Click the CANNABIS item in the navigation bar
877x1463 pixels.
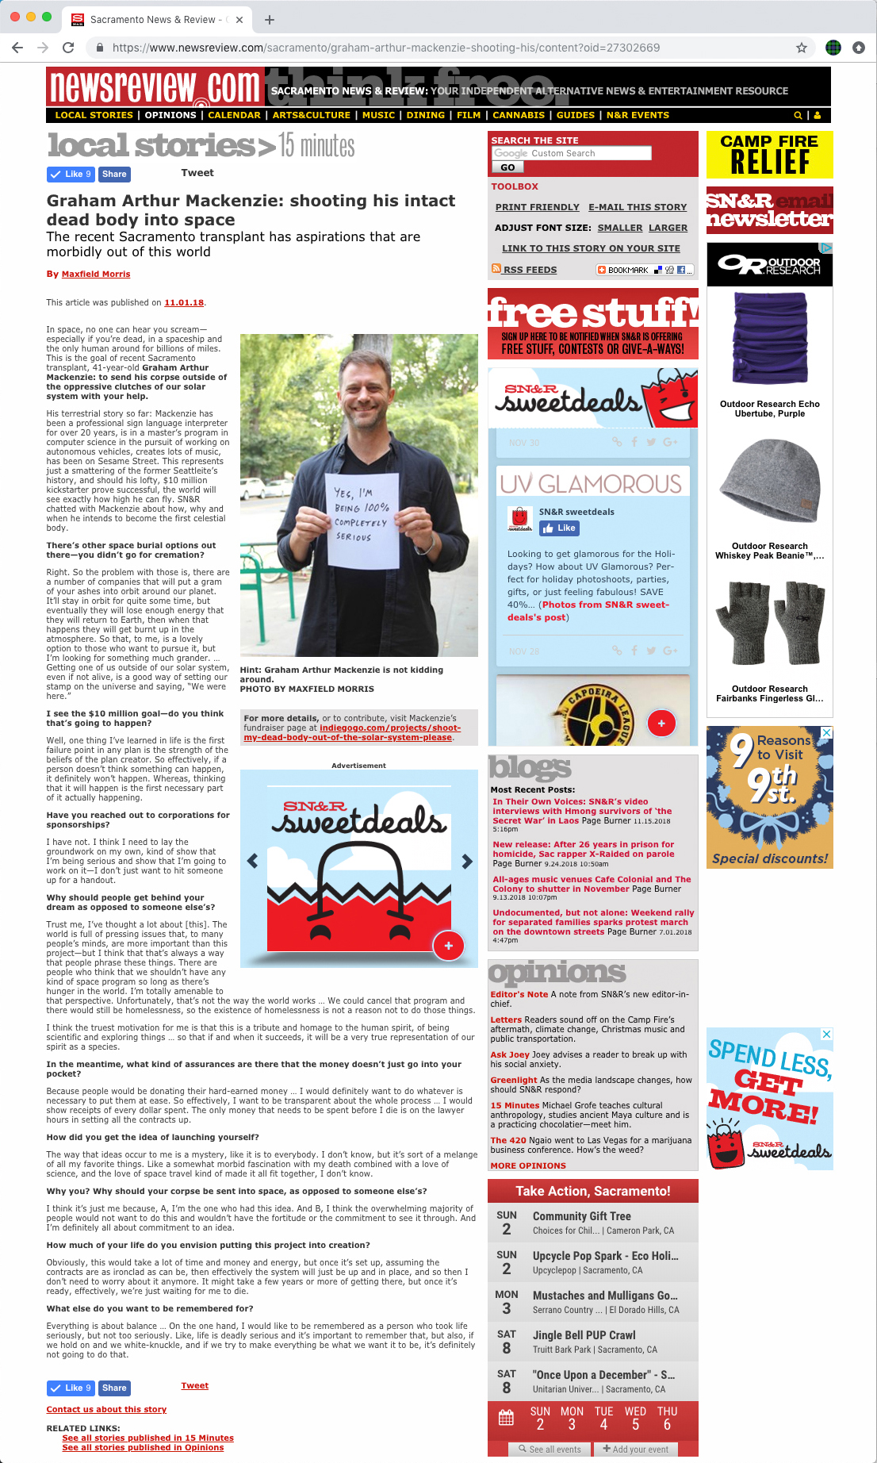point(518,115)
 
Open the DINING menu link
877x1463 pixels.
point(425,115)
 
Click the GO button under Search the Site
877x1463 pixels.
point(507,167)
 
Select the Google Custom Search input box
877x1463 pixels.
point(571,153)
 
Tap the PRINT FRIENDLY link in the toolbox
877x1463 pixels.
point(537,207)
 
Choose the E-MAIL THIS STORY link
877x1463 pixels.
point(638,207)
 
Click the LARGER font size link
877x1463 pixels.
point(668,228)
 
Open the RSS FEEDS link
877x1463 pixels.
point(529,270)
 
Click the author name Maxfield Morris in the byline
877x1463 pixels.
point(96,275)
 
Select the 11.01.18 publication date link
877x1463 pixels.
point(184,303)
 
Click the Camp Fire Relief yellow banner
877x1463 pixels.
point(769,155)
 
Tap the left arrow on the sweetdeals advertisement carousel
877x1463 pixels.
point(252,861)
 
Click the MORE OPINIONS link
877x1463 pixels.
point(528,1165)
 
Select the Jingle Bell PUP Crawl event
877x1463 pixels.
point(584,1335)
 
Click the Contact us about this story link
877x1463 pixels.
point(106,1409)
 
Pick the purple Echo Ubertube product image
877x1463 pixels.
point(769,339)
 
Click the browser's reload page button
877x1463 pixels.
point(68,48)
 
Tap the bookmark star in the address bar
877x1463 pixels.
point(802,48)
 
